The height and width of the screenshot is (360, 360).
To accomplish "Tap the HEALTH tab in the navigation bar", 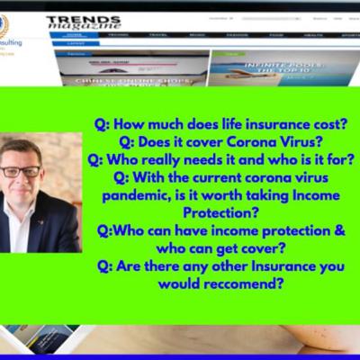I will (312, 35).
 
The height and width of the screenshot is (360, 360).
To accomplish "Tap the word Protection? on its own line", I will (223, 212).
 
